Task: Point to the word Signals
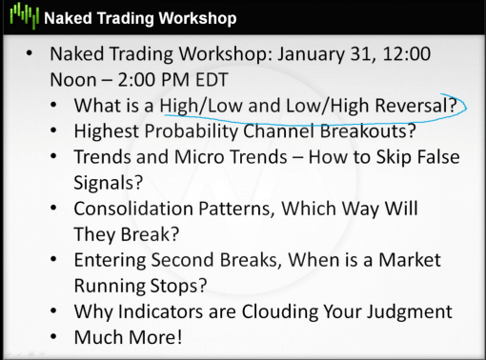point(106,182)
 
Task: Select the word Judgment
point(404,311)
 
